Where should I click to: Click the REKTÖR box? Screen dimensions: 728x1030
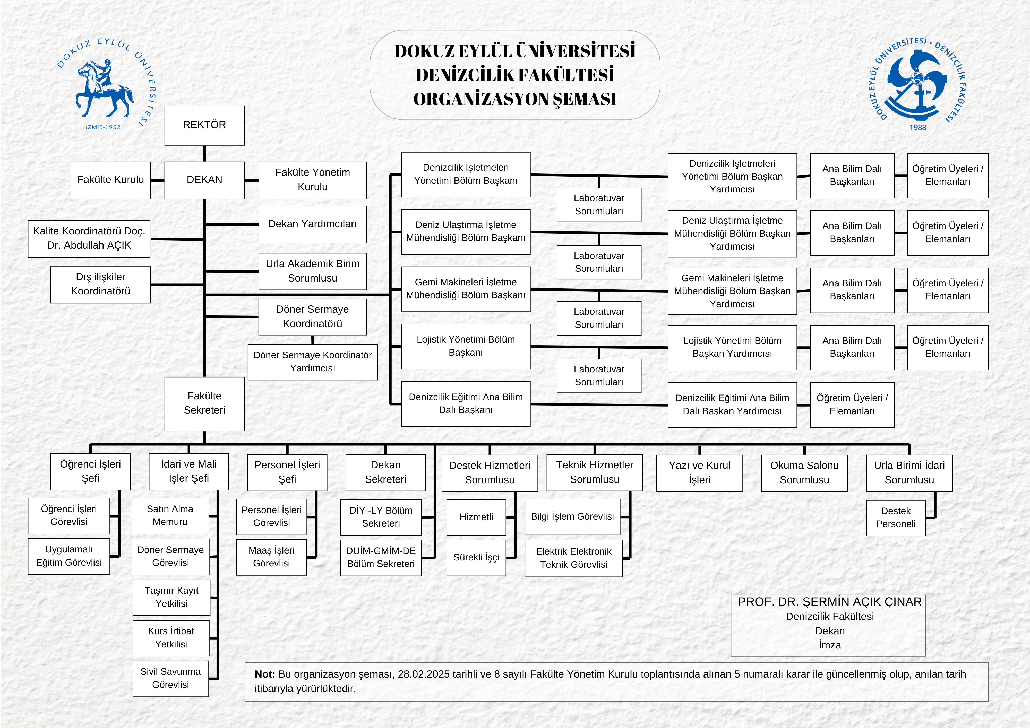[204, 125]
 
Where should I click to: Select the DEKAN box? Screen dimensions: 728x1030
[204, 180]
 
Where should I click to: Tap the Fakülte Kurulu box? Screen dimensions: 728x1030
[110, 180]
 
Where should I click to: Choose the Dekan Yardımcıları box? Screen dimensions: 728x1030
[312, 224]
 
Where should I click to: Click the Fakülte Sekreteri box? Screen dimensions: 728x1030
[204, 403]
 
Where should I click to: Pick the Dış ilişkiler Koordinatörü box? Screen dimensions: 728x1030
[100, 284]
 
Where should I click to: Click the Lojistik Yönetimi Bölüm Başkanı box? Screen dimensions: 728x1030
[466, 346]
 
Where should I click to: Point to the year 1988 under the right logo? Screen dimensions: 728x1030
[917, 127]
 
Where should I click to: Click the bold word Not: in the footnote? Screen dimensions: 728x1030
[265, 674]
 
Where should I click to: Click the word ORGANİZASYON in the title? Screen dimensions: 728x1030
[480, 99]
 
